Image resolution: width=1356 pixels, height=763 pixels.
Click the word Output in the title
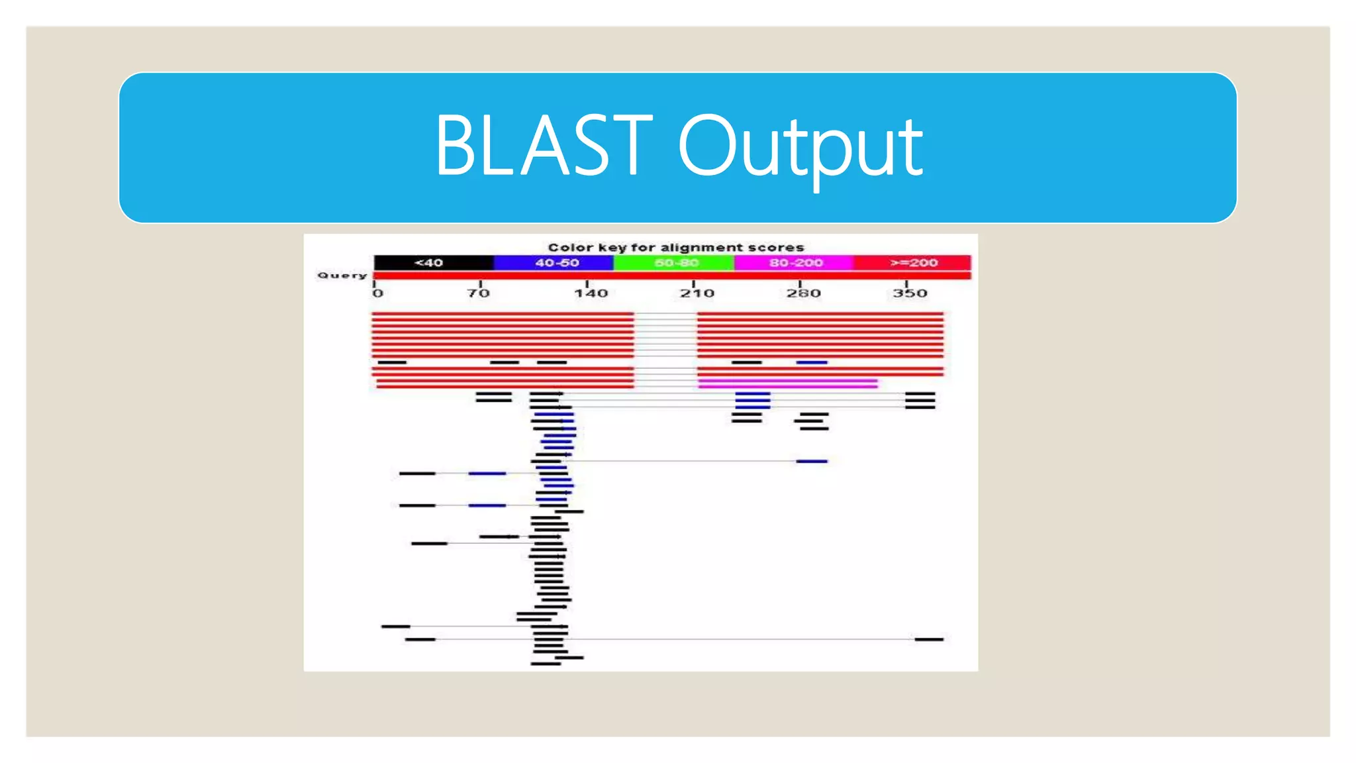click(x=800, y=147)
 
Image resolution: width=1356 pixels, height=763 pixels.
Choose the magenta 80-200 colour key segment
click(x=794, y=263)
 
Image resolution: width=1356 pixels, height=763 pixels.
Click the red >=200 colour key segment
click(x=912, y=263)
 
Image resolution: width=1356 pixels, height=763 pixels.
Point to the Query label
click(x=342, y=276)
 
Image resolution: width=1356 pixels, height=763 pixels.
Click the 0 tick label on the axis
click(x=377, y=293)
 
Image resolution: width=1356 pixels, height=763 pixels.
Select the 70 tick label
click(x=479, y=293)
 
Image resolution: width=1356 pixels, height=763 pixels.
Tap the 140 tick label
click(x=591, y=293)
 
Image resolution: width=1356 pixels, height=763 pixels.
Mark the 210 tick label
click(x=697, y=293)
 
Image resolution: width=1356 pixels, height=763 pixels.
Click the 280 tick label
click(x=803, y=293)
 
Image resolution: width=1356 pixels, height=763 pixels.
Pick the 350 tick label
click(x=910, y=293)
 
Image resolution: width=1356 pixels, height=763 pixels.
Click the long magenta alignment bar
click(x=788, y=383)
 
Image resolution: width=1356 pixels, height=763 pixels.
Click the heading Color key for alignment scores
click(x=675, y=248)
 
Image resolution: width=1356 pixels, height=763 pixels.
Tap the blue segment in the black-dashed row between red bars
click(x=812, y=362)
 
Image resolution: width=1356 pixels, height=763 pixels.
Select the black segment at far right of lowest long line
click(x=929, y=639)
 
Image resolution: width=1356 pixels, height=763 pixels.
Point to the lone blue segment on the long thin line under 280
click(x=812, y=461)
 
